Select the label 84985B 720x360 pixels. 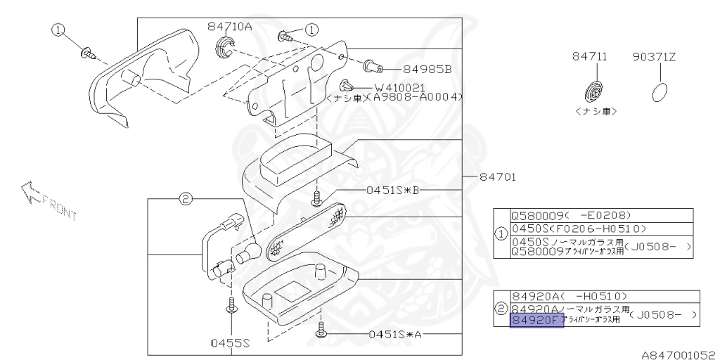(x=427, y=70)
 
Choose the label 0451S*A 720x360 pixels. (x=391, y=334)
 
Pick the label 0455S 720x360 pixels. (x=231, y=344)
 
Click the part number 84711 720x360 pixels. (x=594, y=57)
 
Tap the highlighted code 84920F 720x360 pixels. (x=536, y=322)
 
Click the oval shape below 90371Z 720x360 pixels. (x=658, y=93)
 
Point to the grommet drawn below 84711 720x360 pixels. (x=594, y=91)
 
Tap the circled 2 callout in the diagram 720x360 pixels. (x=185, y=200)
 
